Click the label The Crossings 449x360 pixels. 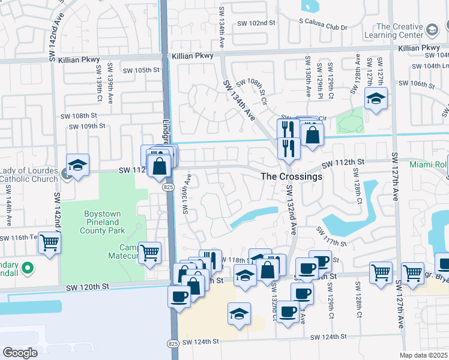(x=292, y=177)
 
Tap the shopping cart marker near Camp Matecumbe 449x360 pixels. (x=149, y=253)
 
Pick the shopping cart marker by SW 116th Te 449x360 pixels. (x=49, y=243)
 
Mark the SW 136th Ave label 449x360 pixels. (x=186, y=194)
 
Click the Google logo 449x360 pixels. (x=20, y=353)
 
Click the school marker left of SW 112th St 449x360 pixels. (x=77, y=165)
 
